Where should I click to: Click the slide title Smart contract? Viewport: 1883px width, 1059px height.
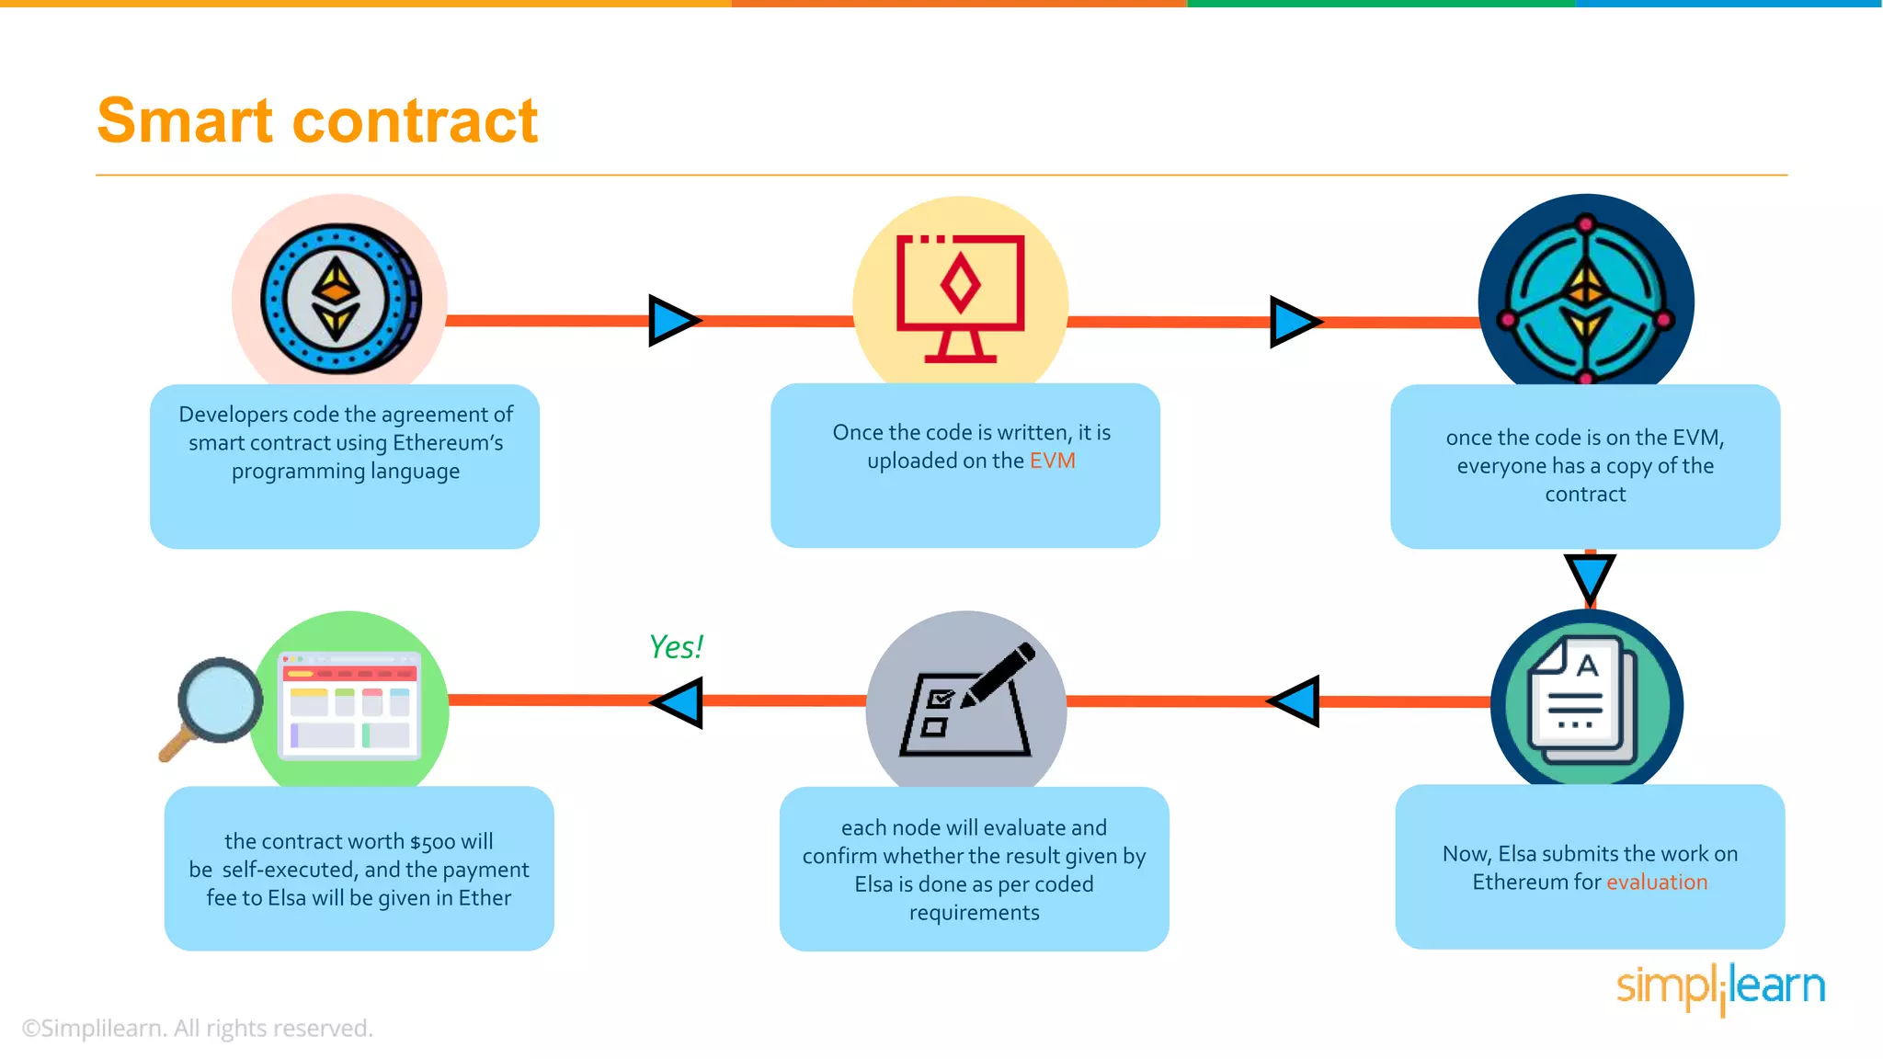(x=316, y=120)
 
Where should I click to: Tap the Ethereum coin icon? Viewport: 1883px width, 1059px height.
(x=339, y=299)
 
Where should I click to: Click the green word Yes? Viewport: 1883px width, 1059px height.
(x=676, y=647)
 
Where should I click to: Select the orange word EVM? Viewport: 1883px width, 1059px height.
(x=1052, y=461)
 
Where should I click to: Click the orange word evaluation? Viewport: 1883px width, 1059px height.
(x=1656, y=882)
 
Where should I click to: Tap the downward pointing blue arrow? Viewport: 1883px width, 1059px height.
(x=1589, y=577)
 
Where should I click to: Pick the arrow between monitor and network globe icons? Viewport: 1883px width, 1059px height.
(x=1295, y=322)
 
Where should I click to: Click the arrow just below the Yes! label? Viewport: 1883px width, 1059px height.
(x=679, y=702)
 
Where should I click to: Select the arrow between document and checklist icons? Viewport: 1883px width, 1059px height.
(x=1295, y=701)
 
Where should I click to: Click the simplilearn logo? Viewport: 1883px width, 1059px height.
(x=1719, y=987)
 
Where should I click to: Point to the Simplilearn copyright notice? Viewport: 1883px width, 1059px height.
(x=197, y=1028)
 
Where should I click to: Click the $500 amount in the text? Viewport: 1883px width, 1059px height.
(x=432, y=842)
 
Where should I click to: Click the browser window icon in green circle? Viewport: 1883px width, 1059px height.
(x=350, y=706)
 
